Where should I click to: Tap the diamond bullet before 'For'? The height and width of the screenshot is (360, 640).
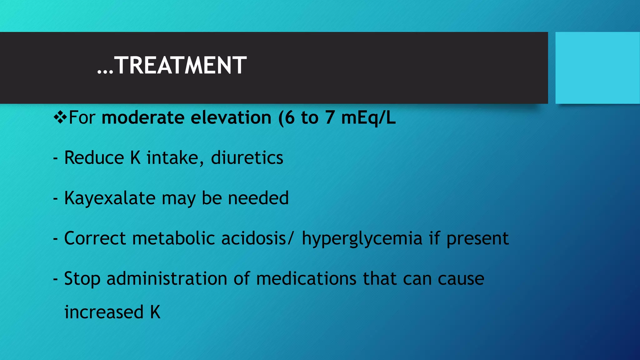coord(60,117)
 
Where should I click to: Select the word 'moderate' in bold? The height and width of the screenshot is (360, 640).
coord(143,118)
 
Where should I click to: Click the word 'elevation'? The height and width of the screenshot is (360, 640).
coord(231,118)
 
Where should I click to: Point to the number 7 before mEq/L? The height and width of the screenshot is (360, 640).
coord(329,118)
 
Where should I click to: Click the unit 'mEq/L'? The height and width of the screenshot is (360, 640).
coord(368,118)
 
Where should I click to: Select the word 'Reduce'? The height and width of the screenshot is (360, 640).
coord(94,157)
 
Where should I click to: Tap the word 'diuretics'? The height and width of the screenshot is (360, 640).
coord(247,157)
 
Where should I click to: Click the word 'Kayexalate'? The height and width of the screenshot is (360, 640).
coord(110,198)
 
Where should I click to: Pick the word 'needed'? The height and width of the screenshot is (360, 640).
coord(258,198)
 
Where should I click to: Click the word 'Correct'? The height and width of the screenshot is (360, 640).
coord(95,238)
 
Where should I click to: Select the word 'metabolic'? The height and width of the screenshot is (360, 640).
coord(174,238)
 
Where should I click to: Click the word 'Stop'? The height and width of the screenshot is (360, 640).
coord(82,279)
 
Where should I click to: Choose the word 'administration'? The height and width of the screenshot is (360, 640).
coord(167,278)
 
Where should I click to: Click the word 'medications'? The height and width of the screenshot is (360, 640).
coord(306,278)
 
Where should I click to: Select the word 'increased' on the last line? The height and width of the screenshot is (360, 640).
coord(104,312)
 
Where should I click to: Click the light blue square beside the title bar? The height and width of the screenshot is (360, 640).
coord(597,68)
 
